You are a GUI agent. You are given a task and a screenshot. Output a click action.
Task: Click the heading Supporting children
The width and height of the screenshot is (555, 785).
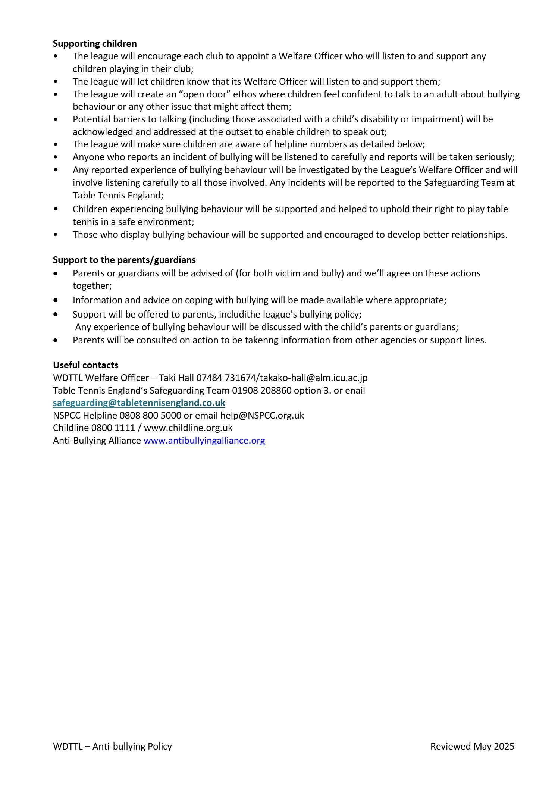tap(95, 44)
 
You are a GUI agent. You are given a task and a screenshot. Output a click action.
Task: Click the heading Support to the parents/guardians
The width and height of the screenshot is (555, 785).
tap(124, 260)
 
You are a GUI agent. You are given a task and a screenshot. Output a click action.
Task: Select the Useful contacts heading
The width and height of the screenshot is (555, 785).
tap(85, 365)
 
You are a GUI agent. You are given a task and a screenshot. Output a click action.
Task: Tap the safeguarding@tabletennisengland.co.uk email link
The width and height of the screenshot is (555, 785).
tap(139, 403)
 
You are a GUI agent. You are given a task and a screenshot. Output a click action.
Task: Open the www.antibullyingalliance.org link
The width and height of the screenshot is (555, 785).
tap(204, 441)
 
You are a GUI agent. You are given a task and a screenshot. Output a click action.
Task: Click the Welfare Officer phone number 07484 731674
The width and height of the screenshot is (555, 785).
tap(226, 378)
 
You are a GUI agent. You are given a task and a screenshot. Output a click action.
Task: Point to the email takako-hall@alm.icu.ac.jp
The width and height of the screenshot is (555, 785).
tap(314, 378)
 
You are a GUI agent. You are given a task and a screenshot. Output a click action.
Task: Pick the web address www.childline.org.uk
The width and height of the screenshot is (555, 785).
tap(188, 428)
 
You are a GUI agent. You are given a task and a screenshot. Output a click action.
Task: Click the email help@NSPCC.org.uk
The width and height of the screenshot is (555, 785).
tap(262, 415)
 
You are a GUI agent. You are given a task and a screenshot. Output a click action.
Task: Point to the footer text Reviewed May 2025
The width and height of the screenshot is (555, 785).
tap(472, 746)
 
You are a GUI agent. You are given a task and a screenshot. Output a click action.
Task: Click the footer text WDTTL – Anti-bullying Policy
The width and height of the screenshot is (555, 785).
tap(112, 746)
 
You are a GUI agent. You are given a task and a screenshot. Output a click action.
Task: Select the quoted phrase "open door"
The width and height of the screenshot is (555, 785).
tap(204, 94)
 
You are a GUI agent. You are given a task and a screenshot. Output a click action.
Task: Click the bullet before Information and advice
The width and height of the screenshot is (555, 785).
tap(56, 300)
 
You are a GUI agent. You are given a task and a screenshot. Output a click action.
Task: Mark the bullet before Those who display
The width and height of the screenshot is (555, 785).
tap(56, 235)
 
